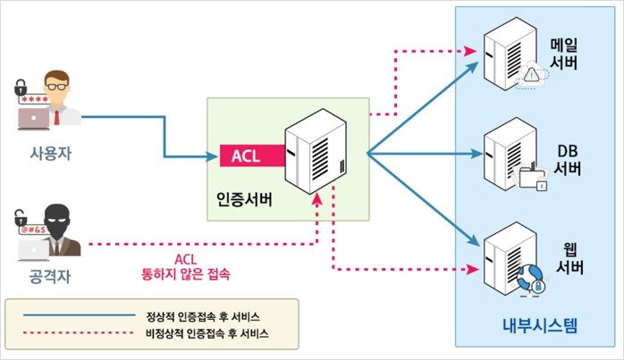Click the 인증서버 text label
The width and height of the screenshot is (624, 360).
click(245, 196)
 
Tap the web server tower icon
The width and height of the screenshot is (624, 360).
click(506, 260)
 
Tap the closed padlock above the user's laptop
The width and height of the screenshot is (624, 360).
click(20, 88)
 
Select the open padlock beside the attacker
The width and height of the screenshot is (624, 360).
click(20, 216)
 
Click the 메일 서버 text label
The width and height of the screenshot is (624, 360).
click(565, 53)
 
